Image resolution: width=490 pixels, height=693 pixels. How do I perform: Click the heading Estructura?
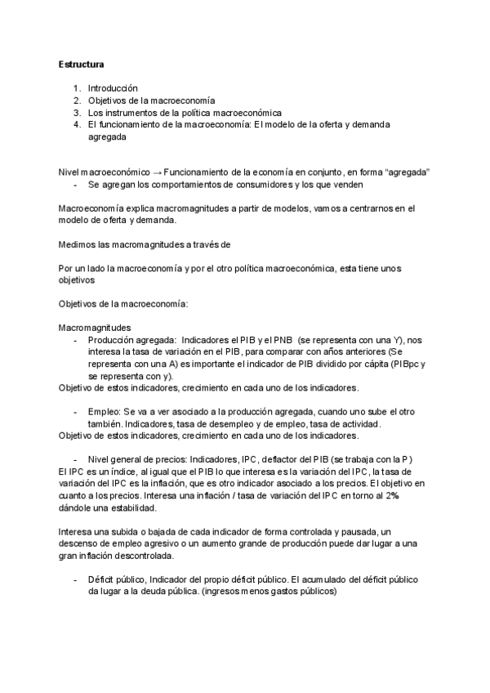click(80, 63)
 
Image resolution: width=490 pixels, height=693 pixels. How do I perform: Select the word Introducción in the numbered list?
click(113, 88)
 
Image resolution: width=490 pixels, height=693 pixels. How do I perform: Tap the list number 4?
click(75, 125)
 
